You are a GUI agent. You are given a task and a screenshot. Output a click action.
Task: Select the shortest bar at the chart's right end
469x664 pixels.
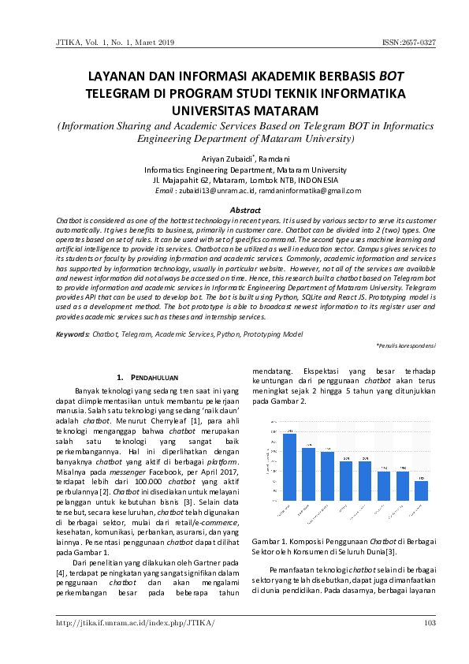[x=422, y=491]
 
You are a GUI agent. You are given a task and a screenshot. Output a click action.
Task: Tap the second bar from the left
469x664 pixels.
[x=308, y=474]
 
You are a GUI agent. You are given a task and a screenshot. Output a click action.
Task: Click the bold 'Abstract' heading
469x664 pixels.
[x=244, y=210]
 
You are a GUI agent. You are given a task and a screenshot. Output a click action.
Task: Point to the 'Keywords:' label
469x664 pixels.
[x=73, y=334]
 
